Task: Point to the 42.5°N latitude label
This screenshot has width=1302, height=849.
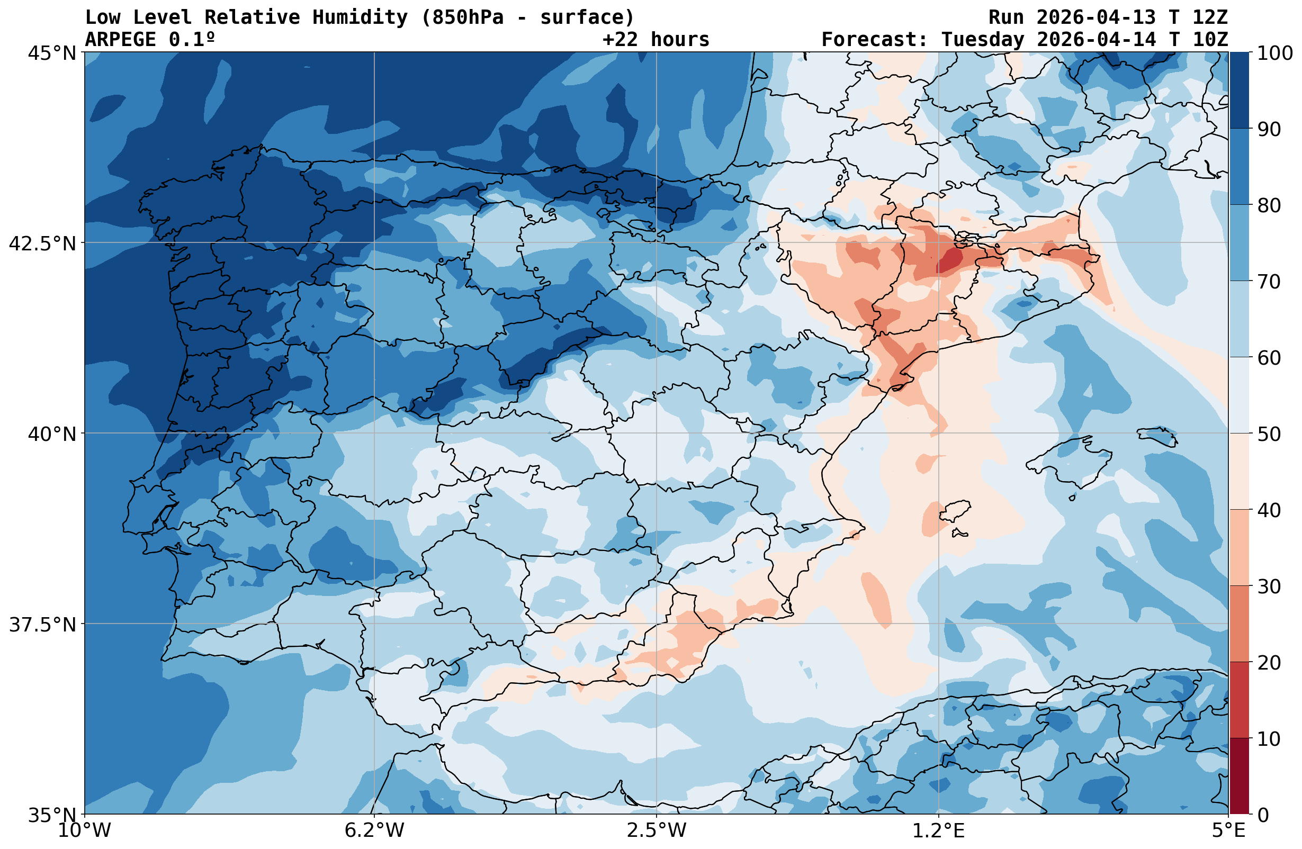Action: pos(43,243)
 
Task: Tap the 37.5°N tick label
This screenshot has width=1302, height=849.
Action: pos(43,624)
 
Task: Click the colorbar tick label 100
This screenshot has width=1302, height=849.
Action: pos(1275,53)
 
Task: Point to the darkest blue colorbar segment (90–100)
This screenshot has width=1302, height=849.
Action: pos(1239,91)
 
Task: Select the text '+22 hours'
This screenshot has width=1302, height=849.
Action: pos(656,39)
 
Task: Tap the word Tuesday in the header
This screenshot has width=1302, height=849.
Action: pos(982,39)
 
